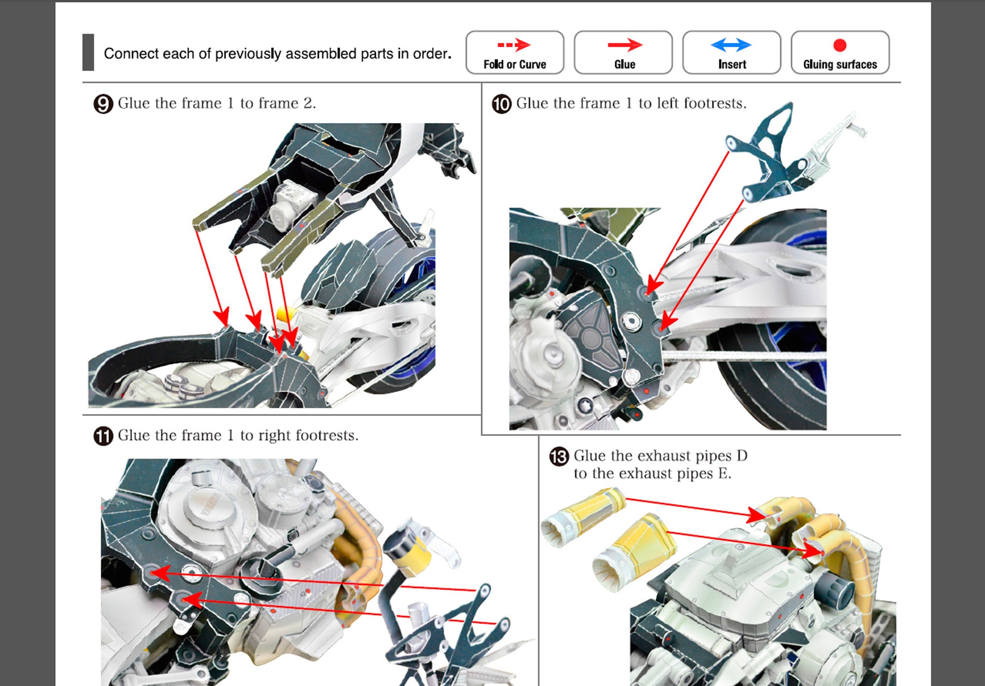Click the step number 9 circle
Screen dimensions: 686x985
click(x=103, y=104)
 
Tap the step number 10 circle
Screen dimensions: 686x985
click(x=501, y=104)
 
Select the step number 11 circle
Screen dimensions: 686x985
click(x=103, y=436)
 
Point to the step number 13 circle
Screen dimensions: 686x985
click(x=559, y=457)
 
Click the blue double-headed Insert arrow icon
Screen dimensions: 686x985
click(x=731, y=45)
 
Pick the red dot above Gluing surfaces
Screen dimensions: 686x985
click(x=840, y=45)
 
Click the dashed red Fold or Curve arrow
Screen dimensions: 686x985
click(x=514, y=45)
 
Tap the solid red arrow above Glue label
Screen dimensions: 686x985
click(x=624, y=45)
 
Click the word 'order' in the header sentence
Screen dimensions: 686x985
click(x=431, y=54)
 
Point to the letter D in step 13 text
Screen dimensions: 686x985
click(x=742, y=456)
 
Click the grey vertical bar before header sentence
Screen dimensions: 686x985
click(x=88, y=52)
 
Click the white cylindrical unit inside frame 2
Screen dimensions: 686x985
click(x=291, y=204)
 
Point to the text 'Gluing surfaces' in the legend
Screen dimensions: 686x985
click(x=840, y=64)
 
